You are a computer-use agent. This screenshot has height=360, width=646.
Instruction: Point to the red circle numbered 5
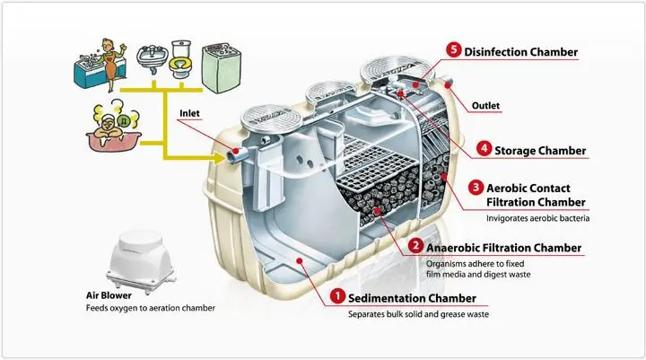point(454,50)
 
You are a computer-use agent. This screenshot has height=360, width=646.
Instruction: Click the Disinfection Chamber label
point(520,51)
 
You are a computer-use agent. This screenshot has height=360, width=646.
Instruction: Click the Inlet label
point(189,114)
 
